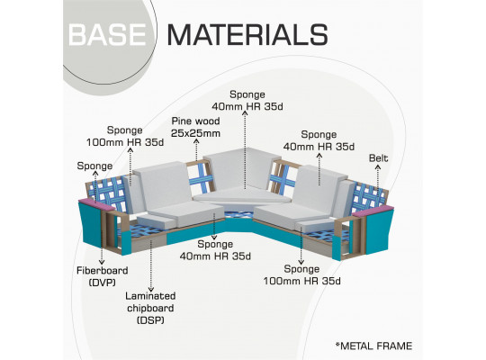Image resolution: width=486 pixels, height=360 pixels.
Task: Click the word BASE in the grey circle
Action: (107, 35)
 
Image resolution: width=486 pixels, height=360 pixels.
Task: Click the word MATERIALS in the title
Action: (247, 35)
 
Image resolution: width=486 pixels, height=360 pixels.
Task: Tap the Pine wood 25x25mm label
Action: (195, 127)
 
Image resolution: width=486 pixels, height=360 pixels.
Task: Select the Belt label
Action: (378, 158)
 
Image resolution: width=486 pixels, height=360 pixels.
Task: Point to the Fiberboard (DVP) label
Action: (102, 276)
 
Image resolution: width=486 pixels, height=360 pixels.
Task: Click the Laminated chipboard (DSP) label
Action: (150, 308)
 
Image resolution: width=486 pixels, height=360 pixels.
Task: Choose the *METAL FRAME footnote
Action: (373, 346)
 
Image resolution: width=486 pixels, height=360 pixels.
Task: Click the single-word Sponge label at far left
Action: (94, 166)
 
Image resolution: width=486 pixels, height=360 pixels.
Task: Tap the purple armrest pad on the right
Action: (373, 211)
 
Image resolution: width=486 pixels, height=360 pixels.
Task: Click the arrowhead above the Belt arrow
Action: (378, 167)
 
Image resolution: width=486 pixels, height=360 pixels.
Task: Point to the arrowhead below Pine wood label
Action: (196, 141)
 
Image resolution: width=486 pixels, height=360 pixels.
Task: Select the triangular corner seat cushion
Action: (241, 195)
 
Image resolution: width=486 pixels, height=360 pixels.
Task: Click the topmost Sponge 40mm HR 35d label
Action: (247, 101)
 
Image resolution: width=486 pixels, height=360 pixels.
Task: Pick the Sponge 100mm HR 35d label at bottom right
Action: (301, 274)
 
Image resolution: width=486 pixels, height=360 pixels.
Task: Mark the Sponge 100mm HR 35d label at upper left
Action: (125, 136)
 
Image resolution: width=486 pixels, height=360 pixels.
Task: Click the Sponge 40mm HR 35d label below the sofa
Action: (215, 250)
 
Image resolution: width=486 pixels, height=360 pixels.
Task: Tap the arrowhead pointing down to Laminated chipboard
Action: (151, 290)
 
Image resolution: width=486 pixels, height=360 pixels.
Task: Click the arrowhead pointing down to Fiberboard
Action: (102, 262)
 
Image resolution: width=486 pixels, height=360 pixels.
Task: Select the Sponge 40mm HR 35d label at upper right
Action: (319, 140)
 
